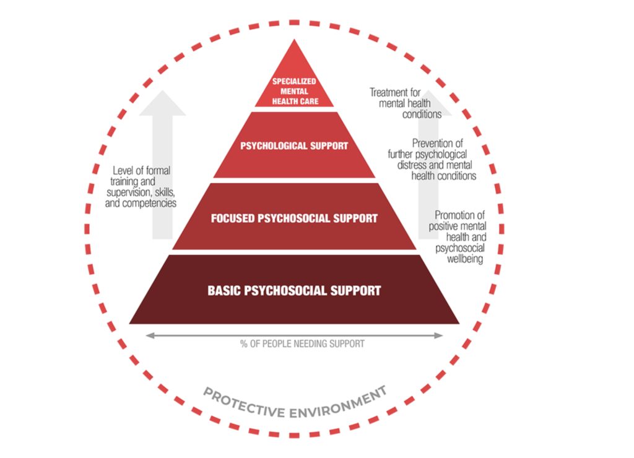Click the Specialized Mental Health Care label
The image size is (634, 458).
click(x=294, y=91)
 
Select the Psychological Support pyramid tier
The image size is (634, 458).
click(x=294, y=146)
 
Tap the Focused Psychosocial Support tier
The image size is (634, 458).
click(x=294, y=218)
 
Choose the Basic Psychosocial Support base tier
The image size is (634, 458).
click(x=294, y=290)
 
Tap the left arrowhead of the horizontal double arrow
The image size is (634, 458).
click(x=149, y=335)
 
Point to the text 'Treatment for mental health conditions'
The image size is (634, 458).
click(x=405, y=103)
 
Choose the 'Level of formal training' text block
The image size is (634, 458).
click(x=141, y=186)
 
